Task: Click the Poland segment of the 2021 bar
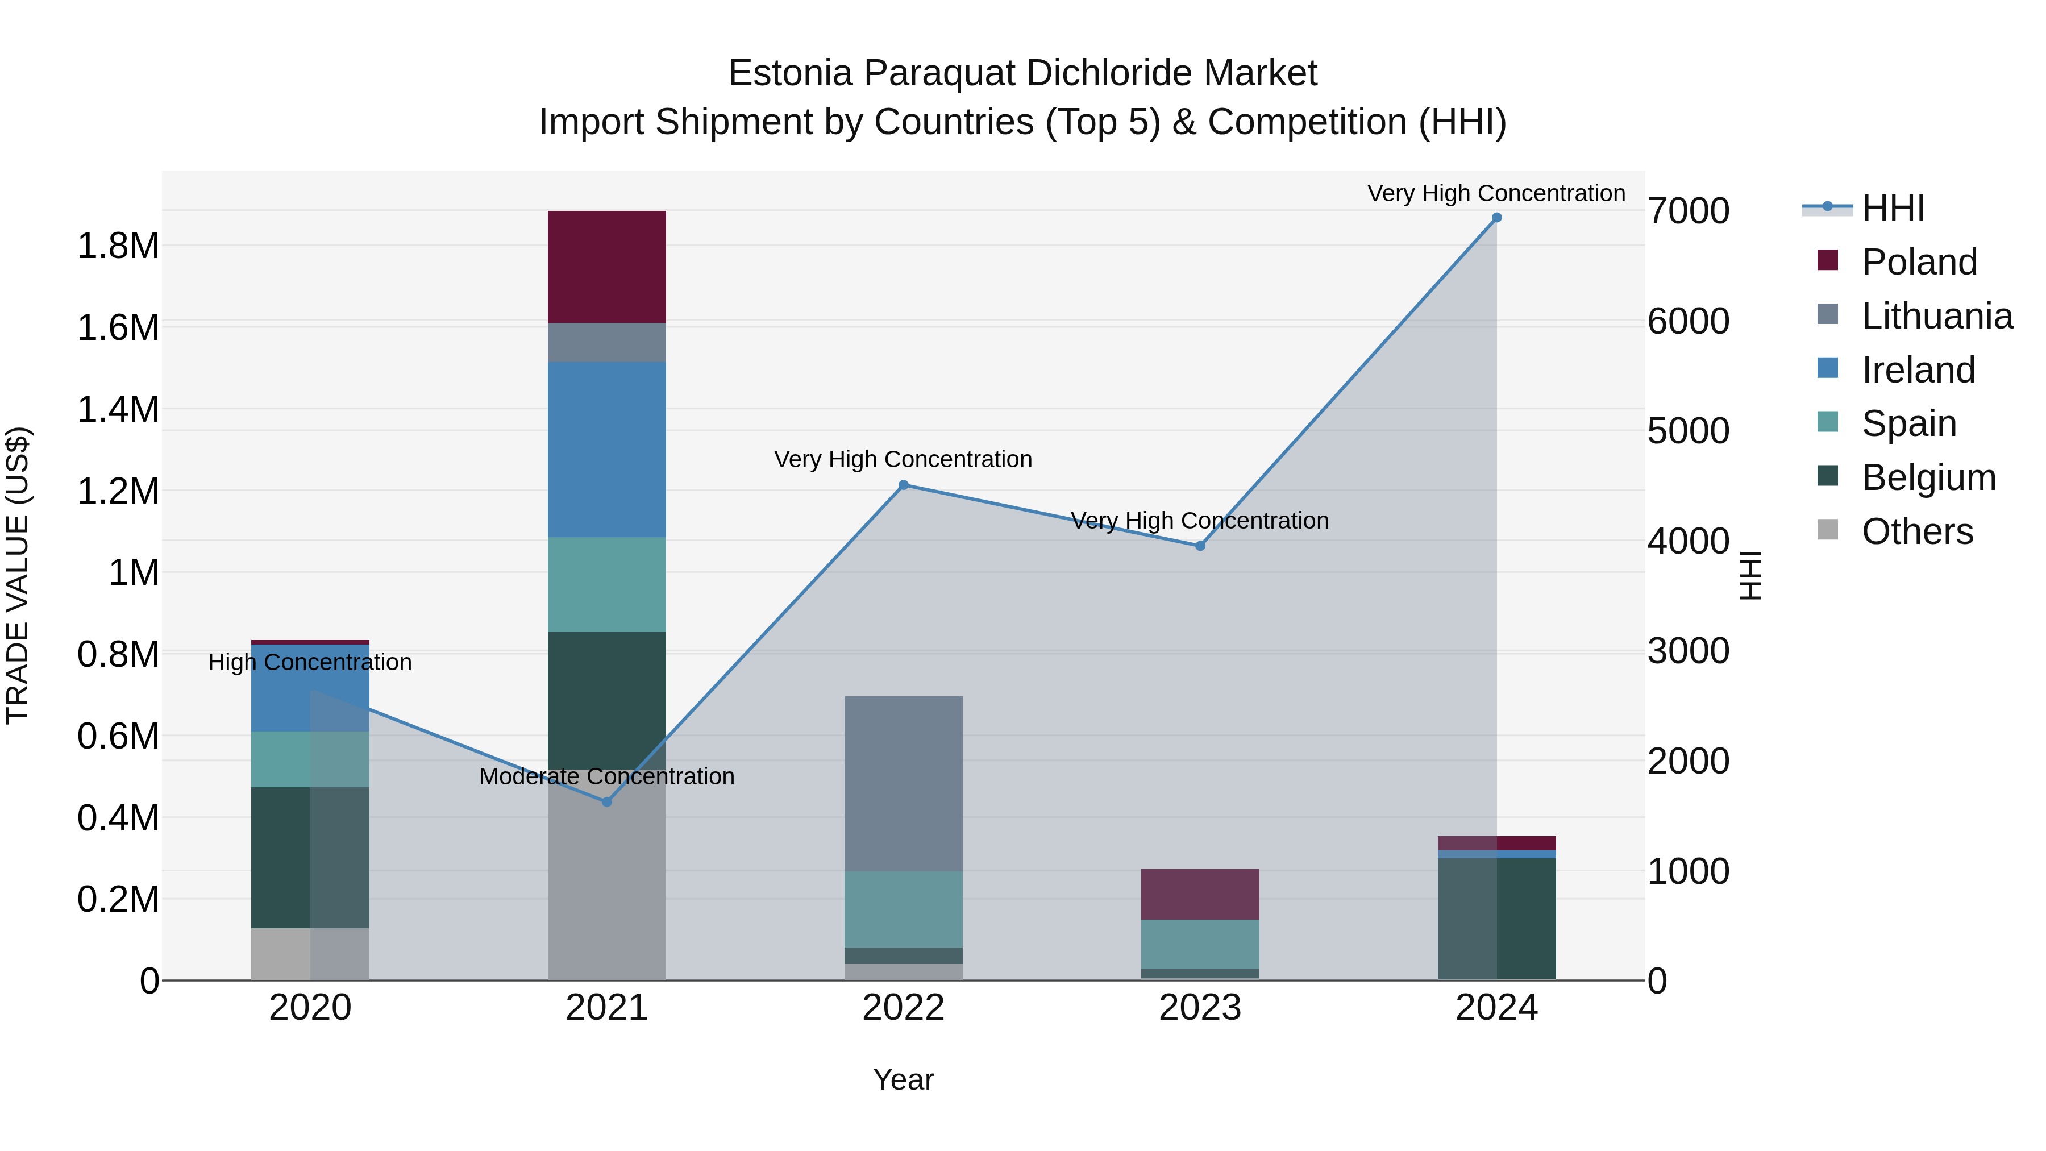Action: click(x=607, y=267)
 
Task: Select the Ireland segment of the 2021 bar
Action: click(x=607, y=450)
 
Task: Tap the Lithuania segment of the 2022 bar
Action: click(x=903, y=783)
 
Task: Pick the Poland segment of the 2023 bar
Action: click(x=1200, y=895)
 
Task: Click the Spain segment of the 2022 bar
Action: click(x=903, y=909)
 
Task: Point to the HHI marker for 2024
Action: click(x=1496, y=218)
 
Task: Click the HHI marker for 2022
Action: click(x=903, y=485)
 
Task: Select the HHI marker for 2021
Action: click(x=607, y=802)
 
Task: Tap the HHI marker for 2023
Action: click(x=1200, y=546)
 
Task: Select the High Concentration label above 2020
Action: click(x=310, y=663)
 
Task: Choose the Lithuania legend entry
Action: click(x=1936, y=316)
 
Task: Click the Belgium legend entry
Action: click(x=1928, y=477)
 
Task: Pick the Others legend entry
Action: click(x=1916, y=531)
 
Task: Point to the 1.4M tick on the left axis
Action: click(x=118, y=410)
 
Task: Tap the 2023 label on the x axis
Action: click(x=1200, y=1008)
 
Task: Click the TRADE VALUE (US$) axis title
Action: click(x=18, y=575)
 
